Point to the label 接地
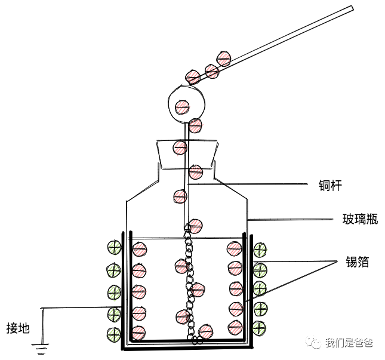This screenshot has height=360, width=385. pyautogui.click(x=18, y=328)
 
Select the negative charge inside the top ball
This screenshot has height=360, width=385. pyautogui.click(x=182, y=106)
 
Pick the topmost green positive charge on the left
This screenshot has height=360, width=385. pyautogui.click(x=114, y=248)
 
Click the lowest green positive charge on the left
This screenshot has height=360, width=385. pyautogui.click(x=114, y=334)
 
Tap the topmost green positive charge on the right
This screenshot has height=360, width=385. pyautogui.click(x=260, y=250)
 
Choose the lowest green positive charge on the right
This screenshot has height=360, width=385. pyautogui.click(x=260, y=327)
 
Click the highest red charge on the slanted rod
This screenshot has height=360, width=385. pyautogui.click(x=223, y=59)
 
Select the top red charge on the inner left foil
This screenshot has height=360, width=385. pyautogui.click(x=139, y=250)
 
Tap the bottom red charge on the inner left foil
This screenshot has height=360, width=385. pyautogui.click(x=139, y=332)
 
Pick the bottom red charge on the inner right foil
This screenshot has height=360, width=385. pyautogui.click(x=235, y=327)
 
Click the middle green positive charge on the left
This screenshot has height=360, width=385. pyautogui.click(x=114, y=292)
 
